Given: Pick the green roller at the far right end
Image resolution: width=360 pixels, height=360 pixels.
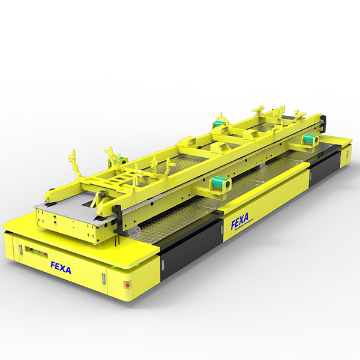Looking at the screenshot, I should click(x=310, y=139).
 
